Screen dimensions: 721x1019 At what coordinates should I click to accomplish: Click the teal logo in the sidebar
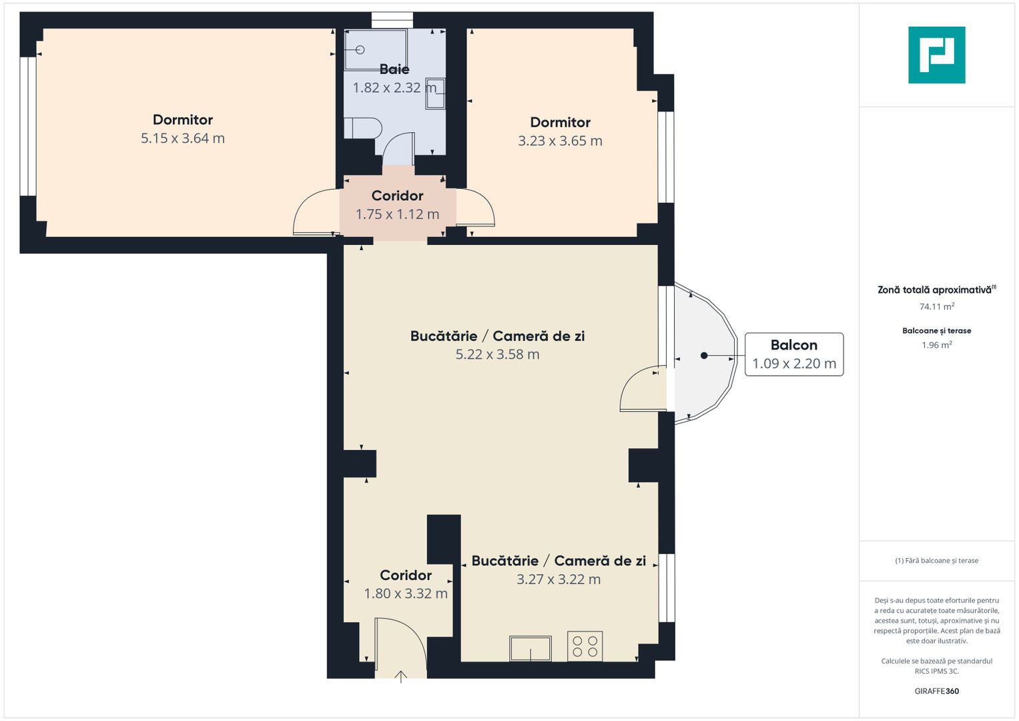(936, 55)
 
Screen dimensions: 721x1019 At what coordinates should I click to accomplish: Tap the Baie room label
(394, 69)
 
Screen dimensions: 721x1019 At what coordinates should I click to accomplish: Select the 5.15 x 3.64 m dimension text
(182, 138)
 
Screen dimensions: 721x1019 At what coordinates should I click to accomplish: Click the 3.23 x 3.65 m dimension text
(560, 141)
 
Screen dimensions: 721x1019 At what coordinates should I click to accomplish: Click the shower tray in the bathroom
(375, 49)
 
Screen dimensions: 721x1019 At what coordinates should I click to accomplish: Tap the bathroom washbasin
(435, 93)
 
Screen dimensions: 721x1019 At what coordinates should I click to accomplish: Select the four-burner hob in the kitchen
(585, 646)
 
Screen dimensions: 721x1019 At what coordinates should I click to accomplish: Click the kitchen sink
(531, 648)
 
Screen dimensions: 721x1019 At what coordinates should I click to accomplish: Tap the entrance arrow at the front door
(400, 677)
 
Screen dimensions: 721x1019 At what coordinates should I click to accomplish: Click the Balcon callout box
(793, 354)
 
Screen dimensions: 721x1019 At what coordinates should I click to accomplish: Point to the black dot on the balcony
(704, 356)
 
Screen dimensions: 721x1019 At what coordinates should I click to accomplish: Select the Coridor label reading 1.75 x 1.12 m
(397, 205)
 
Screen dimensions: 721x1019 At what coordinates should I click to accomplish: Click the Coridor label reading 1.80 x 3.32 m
(405, 584)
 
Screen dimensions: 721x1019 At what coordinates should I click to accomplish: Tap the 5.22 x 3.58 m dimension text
(497, 354)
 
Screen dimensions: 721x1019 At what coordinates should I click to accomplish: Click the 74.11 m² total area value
(936, 306)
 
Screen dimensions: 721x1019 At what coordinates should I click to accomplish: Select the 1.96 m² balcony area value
(936, 345)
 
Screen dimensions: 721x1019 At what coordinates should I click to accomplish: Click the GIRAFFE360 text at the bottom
(936, 691)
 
